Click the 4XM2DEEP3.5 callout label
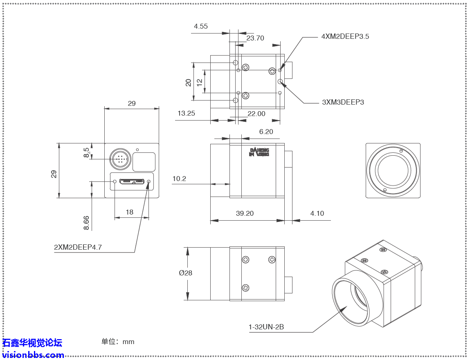[x=345, y=36]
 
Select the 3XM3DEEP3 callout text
[x=343, y=102]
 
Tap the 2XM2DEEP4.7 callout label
[x=78, y=247]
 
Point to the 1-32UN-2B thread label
[x=266, y=327]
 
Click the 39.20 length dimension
[x=245, y=213]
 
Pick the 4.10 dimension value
[x=317, y=213]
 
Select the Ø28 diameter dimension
[x=185, y=273]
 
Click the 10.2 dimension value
[x=179, y=179]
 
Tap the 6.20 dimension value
[x=266, y=132]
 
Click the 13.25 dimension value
[x=186, y=114]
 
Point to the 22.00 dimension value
[x=256, y=114]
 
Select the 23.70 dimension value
[x=255, y=38]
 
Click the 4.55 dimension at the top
[x=201, y=26]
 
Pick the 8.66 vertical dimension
[x=86, y=223]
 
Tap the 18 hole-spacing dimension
[x=130, y=212]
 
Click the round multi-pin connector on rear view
[x=119, y=159]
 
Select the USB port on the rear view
[x=132, y=181]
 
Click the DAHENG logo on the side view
[x=259, y=152]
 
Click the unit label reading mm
[x=128, y=342]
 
